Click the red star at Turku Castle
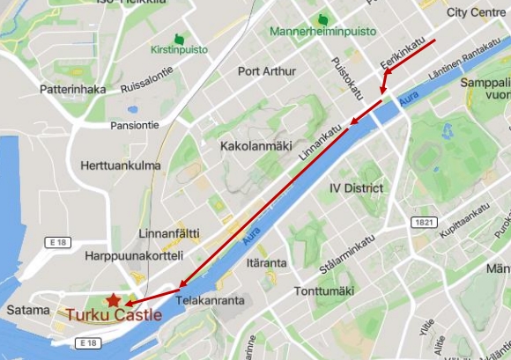pos(115,301)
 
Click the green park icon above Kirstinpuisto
pos(179,39)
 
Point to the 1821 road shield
pos(425,222)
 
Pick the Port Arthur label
pos(267,71)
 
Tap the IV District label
pos(356,188)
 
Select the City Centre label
pos(476,12)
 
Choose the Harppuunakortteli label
pos(134,256)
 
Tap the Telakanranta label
pos(209,299)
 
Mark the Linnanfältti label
pos(169,233)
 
